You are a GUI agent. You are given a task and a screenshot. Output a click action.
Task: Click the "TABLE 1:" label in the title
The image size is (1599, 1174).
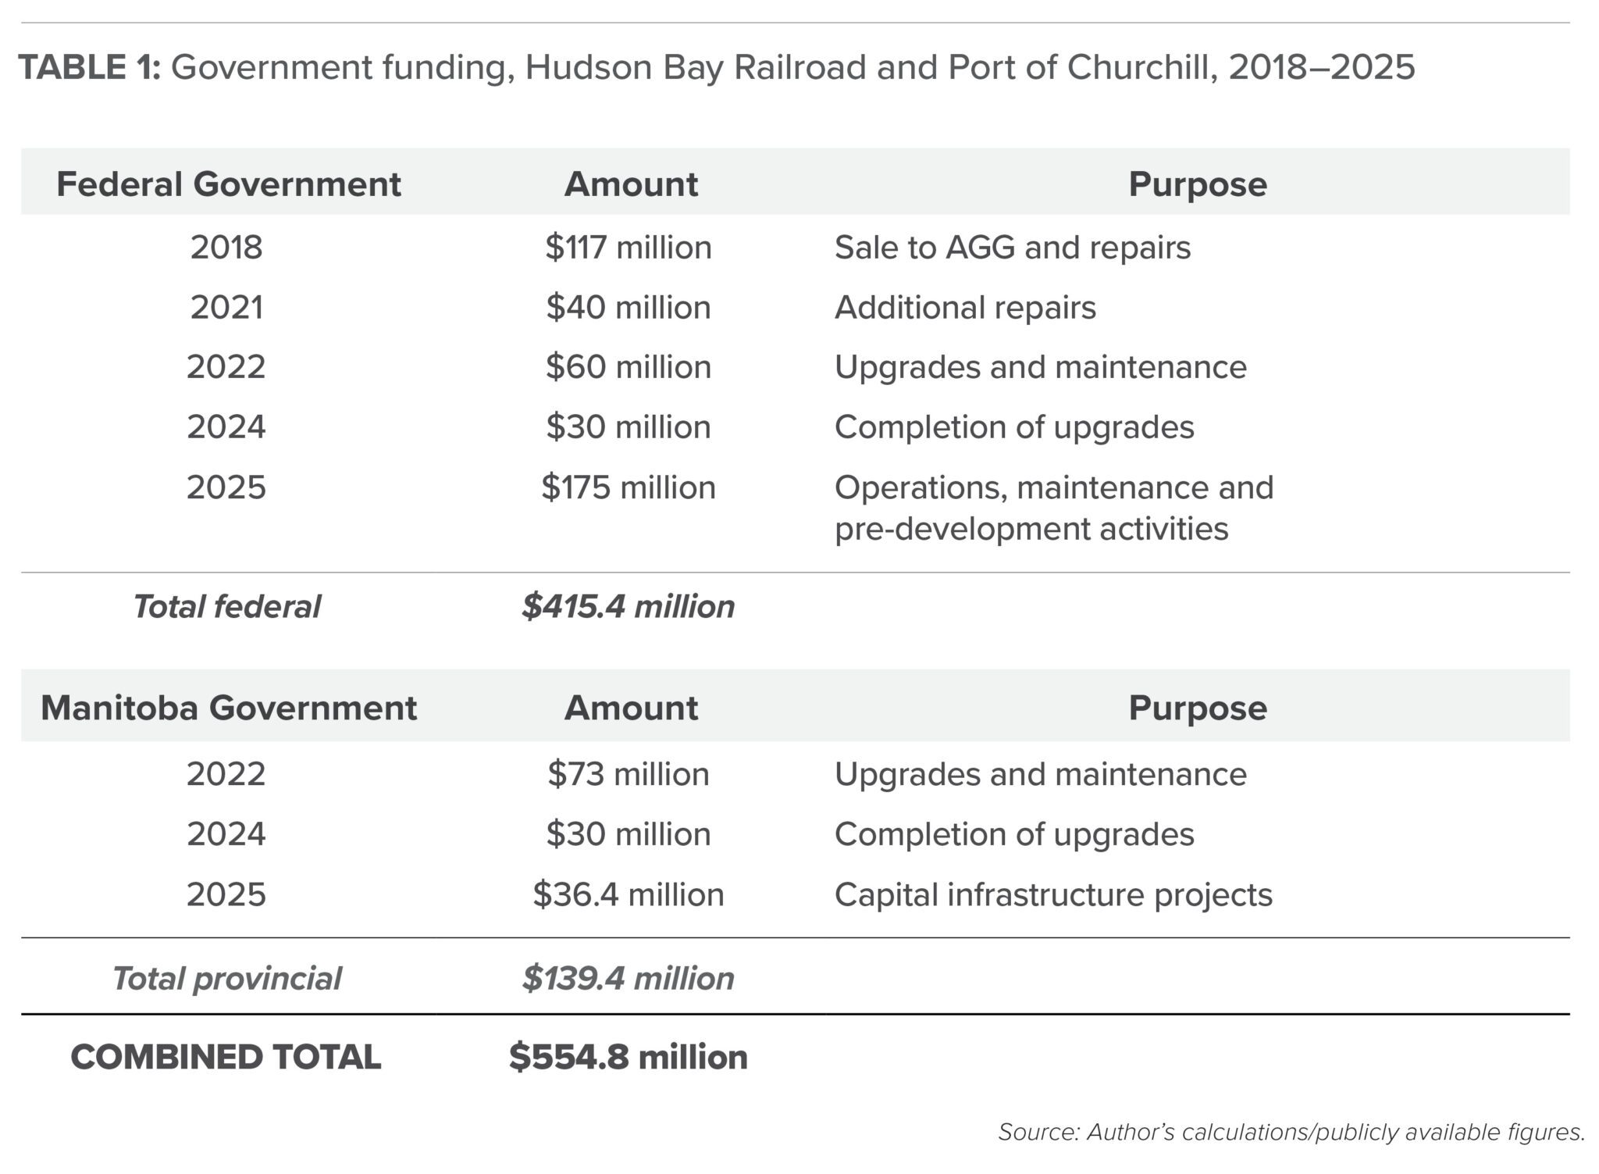click(89, 67)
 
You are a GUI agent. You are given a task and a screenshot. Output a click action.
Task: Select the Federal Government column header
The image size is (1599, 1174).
click(228, 184)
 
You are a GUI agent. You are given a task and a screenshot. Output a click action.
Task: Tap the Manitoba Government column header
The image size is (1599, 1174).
click(228, 708)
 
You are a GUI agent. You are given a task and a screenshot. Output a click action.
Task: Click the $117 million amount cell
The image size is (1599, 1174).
click(629, 248)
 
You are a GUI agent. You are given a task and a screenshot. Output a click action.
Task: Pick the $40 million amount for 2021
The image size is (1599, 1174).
click(629, 308)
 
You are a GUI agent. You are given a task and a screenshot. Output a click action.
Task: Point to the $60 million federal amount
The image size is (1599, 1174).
click(629, 367)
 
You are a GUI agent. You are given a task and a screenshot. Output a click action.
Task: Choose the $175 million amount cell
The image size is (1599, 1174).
click(629, 487)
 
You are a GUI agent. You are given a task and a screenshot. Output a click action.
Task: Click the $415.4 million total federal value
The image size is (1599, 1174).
click(629, 607)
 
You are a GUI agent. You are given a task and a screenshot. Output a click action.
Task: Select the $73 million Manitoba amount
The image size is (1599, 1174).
click(629, 774)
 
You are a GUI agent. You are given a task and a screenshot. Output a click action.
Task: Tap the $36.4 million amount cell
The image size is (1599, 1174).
click(629, 894)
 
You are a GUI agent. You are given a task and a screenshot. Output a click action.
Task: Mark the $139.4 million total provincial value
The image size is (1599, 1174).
click(629, 978)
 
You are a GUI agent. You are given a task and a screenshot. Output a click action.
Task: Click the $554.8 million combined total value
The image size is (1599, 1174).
click(629, 1057)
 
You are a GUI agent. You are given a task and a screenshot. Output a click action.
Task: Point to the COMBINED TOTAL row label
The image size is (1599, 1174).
click(226, 1057)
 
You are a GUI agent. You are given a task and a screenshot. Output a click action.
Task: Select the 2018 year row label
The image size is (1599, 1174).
click(226, 248)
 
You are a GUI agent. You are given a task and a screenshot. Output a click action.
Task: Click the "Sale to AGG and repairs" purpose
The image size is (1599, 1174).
click(1013, 248)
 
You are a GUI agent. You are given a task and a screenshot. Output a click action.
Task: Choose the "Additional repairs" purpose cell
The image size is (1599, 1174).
click(965, 308)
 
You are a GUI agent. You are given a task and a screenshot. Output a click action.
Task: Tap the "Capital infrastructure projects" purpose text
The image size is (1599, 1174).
click(1053, 894)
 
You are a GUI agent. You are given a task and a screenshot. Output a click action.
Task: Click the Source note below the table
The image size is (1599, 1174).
click(1291, 1132)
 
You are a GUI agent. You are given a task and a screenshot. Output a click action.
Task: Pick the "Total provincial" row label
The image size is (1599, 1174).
click(226, 978)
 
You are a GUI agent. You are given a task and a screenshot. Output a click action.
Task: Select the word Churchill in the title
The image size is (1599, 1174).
click(1140, 67)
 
